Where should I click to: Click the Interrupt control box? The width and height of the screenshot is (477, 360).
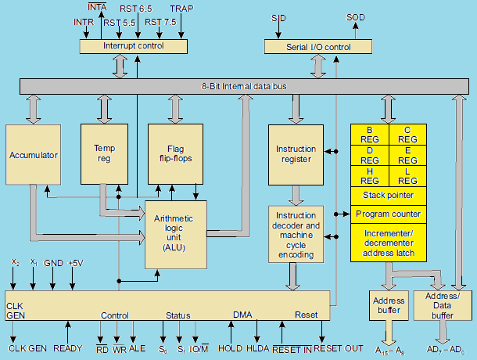134,47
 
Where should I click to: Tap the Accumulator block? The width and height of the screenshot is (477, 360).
34,155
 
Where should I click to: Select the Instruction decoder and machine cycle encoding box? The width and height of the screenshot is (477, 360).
296,233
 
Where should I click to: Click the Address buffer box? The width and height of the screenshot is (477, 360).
388,305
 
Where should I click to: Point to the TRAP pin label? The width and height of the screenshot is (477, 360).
181,9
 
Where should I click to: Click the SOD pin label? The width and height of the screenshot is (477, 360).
355,16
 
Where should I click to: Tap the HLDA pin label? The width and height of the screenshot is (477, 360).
257,348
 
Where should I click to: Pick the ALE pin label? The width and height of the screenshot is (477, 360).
137,348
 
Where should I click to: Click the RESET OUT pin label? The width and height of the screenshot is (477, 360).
338,348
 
